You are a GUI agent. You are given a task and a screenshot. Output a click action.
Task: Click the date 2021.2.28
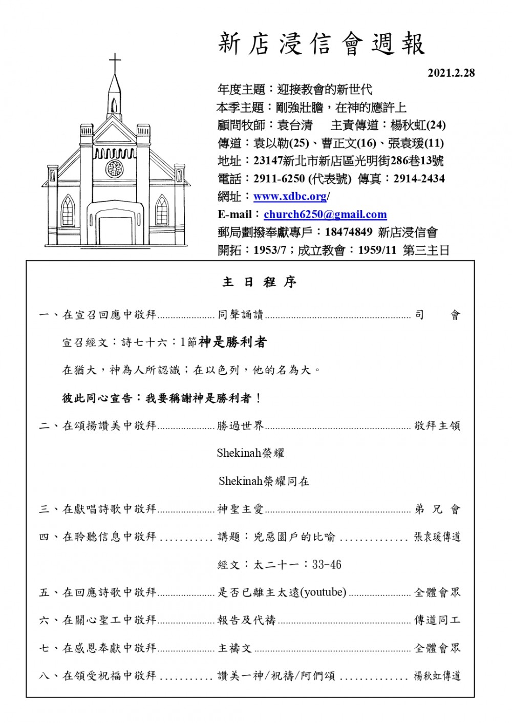click(451, 73)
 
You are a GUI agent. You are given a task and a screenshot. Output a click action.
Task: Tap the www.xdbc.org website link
click(290, 197)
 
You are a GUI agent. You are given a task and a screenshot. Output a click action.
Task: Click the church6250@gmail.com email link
click(325, 215)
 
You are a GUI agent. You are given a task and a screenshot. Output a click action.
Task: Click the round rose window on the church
click(115, 168)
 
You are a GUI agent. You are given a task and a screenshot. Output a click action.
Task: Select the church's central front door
click(115, 230)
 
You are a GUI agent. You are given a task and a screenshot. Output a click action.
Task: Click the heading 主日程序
click(259, 282)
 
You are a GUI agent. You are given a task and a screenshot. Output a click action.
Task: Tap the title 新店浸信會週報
click(322, 44)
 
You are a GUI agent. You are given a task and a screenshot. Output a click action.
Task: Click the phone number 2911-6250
click(279, 179)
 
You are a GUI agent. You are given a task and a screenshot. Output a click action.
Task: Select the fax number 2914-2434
click(419, 179)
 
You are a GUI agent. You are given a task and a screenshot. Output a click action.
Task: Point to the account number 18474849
click(348, 232)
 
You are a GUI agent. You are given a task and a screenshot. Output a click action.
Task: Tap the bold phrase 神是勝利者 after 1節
click(233, 342)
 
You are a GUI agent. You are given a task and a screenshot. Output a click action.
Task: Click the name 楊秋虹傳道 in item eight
click(437, 676)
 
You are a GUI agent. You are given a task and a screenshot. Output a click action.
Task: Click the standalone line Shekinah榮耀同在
click(264, 481)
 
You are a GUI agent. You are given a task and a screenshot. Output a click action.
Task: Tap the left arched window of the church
click(68, 210)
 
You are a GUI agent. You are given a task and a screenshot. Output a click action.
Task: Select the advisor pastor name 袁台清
click(294, 125)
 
